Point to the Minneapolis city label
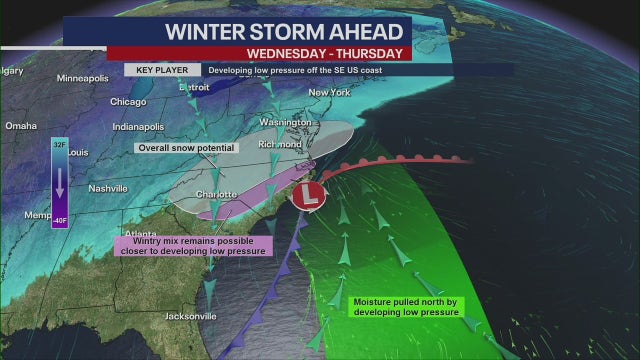(x=84, y=78)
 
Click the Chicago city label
(x=128, y=101)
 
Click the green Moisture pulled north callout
(x=404, y=306)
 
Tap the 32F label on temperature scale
(x=60, y=144)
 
